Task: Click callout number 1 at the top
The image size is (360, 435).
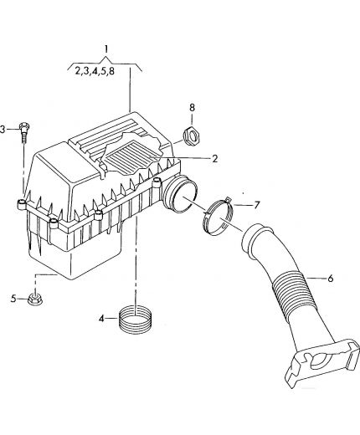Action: (x=106, y=49)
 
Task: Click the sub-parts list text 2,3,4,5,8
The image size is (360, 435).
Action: (x=95, y=71)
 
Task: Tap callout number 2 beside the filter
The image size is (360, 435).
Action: (x=214, y=159)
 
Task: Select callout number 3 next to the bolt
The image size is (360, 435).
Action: (x=3, y=130)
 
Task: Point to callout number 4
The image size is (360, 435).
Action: (x=101, y=318)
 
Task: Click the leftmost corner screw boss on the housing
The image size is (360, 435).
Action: (x=22, y=204)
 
